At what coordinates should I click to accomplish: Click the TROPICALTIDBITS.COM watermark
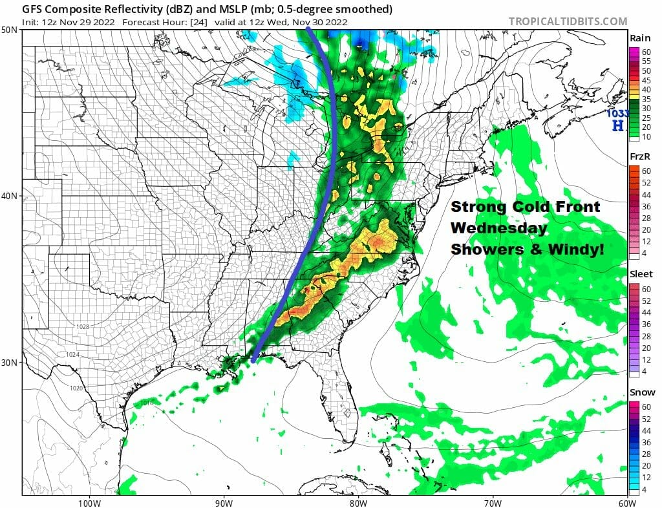[568, 21]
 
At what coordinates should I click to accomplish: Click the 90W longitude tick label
[224, 502]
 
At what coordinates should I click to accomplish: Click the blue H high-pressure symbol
[618, 126]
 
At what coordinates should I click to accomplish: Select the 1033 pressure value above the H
[616, 114]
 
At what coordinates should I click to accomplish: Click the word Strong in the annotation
[479, 207]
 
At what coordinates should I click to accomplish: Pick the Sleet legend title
[641, 274]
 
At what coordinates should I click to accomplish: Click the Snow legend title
[641, 392]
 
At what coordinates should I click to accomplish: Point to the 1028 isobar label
[83, 327]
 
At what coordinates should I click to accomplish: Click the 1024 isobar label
[72, 355]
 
